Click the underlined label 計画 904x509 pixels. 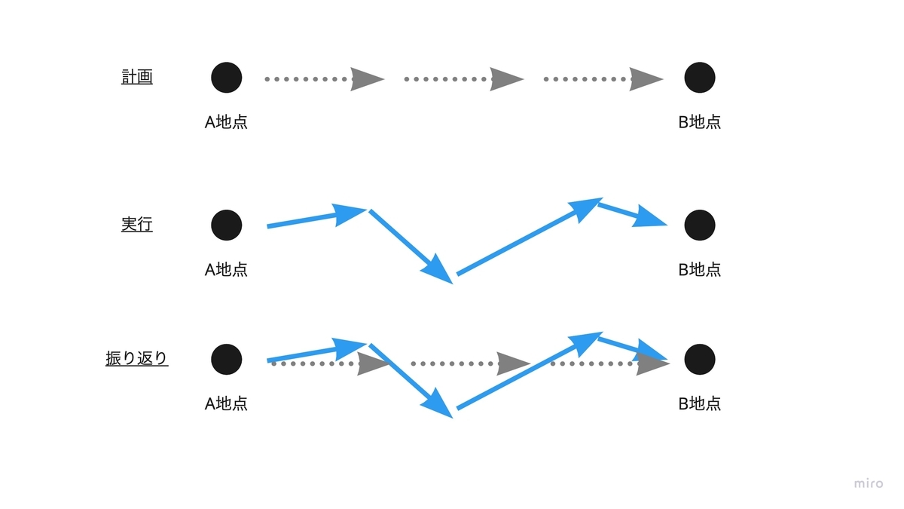click(137, 77)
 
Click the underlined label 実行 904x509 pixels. click(137, 225)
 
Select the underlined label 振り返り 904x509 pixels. click(137, 359)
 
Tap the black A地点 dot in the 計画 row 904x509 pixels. click(227, 78)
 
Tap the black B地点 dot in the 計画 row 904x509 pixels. click(700, 78)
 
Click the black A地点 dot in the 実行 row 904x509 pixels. click(227, 225)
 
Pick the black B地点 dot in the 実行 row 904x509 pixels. click(700, 225)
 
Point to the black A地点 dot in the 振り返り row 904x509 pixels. click(227, 359)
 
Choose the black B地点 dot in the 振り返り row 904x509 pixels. click(700, 359)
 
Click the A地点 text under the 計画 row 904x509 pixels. click(226, 122)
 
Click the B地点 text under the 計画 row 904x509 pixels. click(700, 122)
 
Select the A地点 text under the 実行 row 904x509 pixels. click(226, 269)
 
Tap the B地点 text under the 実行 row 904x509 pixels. click(700, 269)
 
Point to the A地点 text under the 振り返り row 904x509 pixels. click(226, 403)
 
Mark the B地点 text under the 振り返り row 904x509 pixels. click(700, 403)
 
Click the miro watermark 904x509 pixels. click(869, 483)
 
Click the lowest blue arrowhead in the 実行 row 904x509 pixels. click(440, 269)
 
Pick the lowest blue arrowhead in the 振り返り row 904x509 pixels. click(440, 404)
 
